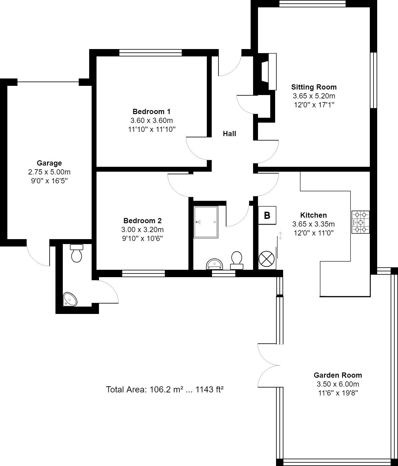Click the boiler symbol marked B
pyautogui.click(x=267, y=215)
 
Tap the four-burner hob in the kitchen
pyautogui.click(x=361, y=222)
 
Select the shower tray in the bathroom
pyautogui.click(x=206, y=222)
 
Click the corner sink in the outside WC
pyautogui.click(x=70, y=299)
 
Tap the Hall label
pyautogui.click(x=229, y=134)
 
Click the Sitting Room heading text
pyautogui.click(x=314, y=87)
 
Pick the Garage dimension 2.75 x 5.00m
pyautogui.click(x=49, y=172)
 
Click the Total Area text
pyautogui.click(x=165, y=390)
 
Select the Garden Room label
pyautogui.click(x=338, y=375)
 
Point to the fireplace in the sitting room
pyautogui.click(x=269, y=72)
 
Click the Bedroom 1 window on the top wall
pyautogui.click(x=150, y=53)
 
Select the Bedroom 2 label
pyautogui.click(x=142, y=221)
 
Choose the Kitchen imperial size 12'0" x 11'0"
pyautogui.click(x=313, y=233)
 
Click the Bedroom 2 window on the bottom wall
pyautogui.click(x=143, y=273)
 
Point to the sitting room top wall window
pyautogui.click(x=312, y=4)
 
